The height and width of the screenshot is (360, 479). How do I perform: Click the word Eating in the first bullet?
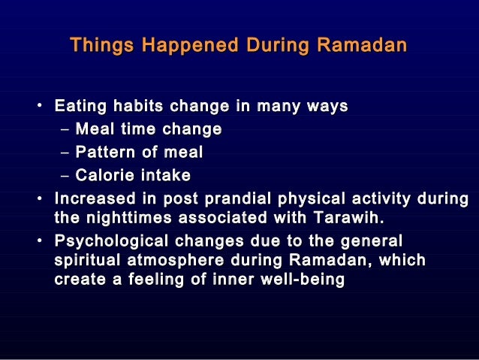pyautogui.click(x=80, y=106)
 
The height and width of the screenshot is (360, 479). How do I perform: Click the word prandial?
pyautogui.click(x=218, y=199)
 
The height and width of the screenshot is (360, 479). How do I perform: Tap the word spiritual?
pyautogui.click(x=86, y=261)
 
